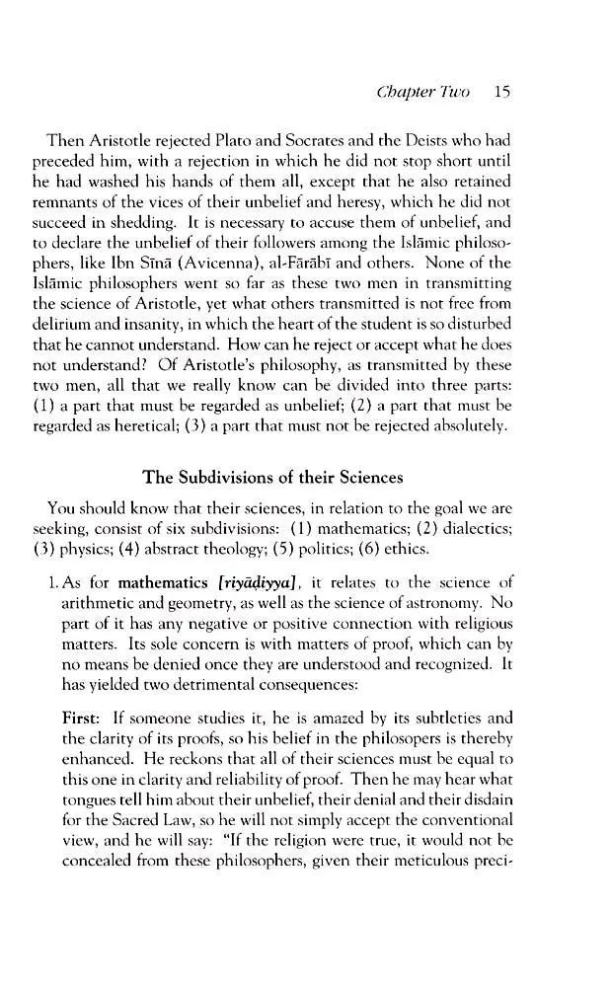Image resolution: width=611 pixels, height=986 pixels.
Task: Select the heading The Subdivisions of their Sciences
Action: tap(272, 479)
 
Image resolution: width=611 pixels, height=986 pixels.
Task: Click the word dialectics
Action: tap(502, 529)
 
